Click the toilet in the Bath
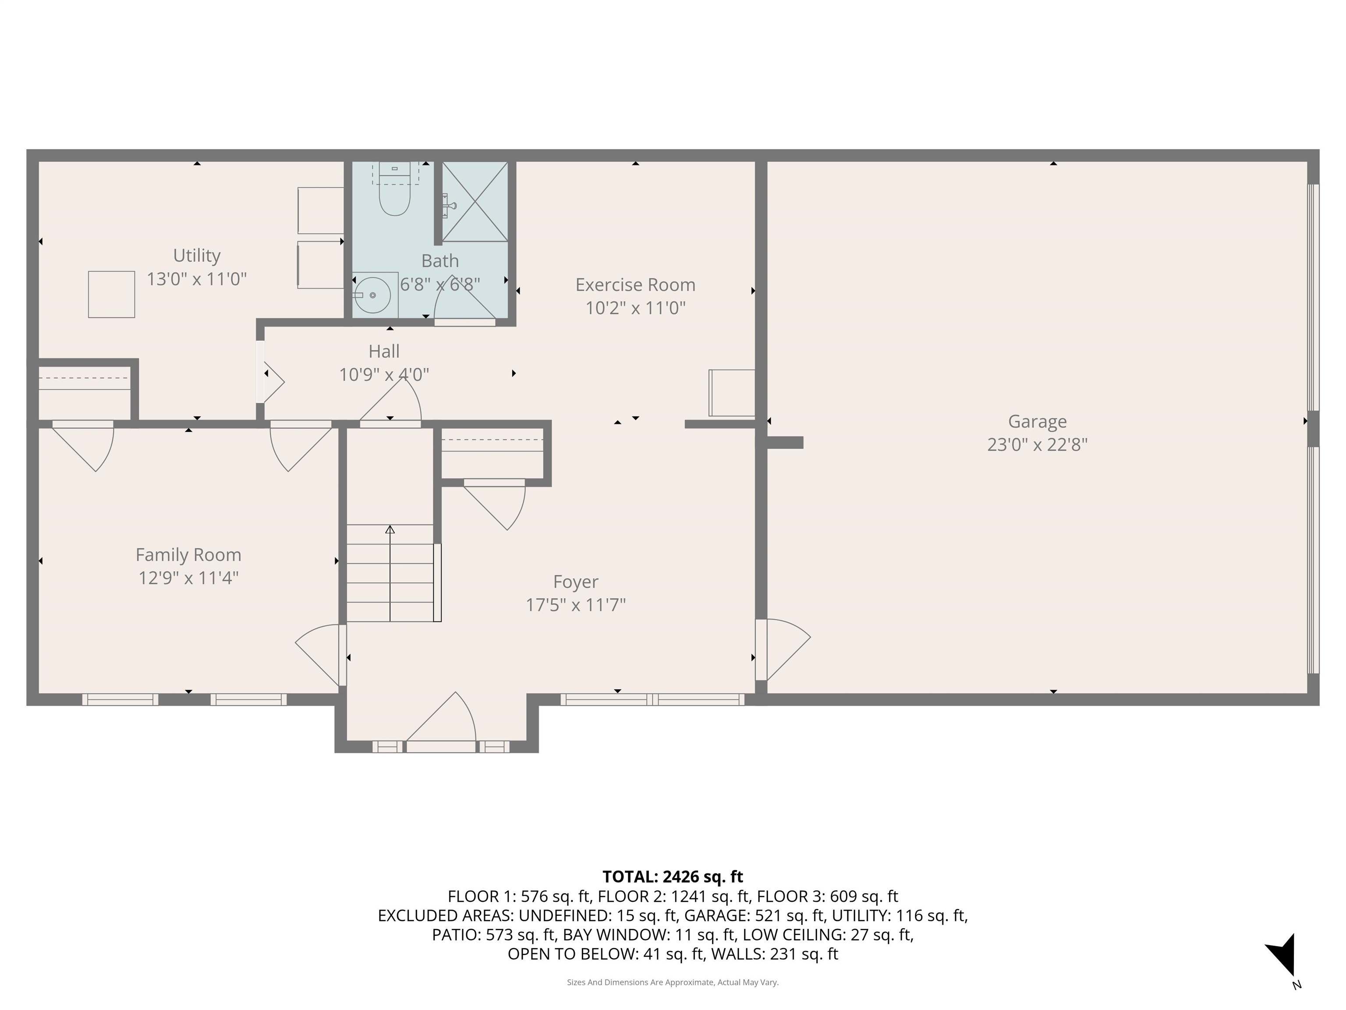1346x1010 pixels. pos(395,194)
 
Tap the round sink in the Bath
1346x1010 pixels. pos(372,295)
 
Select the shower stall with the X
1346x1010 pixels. pos(475,202)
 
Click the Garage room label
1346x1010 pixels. pos(1037,421)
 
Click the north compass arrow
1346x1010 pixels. pos(1283,955)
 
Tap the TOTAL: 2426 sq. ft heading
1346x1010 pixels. pos(673,877)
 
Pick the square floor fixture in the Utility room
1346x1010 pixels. pos(111,295)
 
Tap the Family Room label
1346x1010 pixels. pos(188,555)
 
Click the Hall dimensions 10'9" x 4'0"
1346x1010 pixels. pos(384,374)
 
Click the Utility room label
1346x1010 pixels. pos(197,256)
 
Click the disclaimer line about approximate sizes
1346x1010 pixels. pos(673,982)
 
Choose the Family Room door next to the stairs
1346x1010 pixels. pos(319,654)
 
